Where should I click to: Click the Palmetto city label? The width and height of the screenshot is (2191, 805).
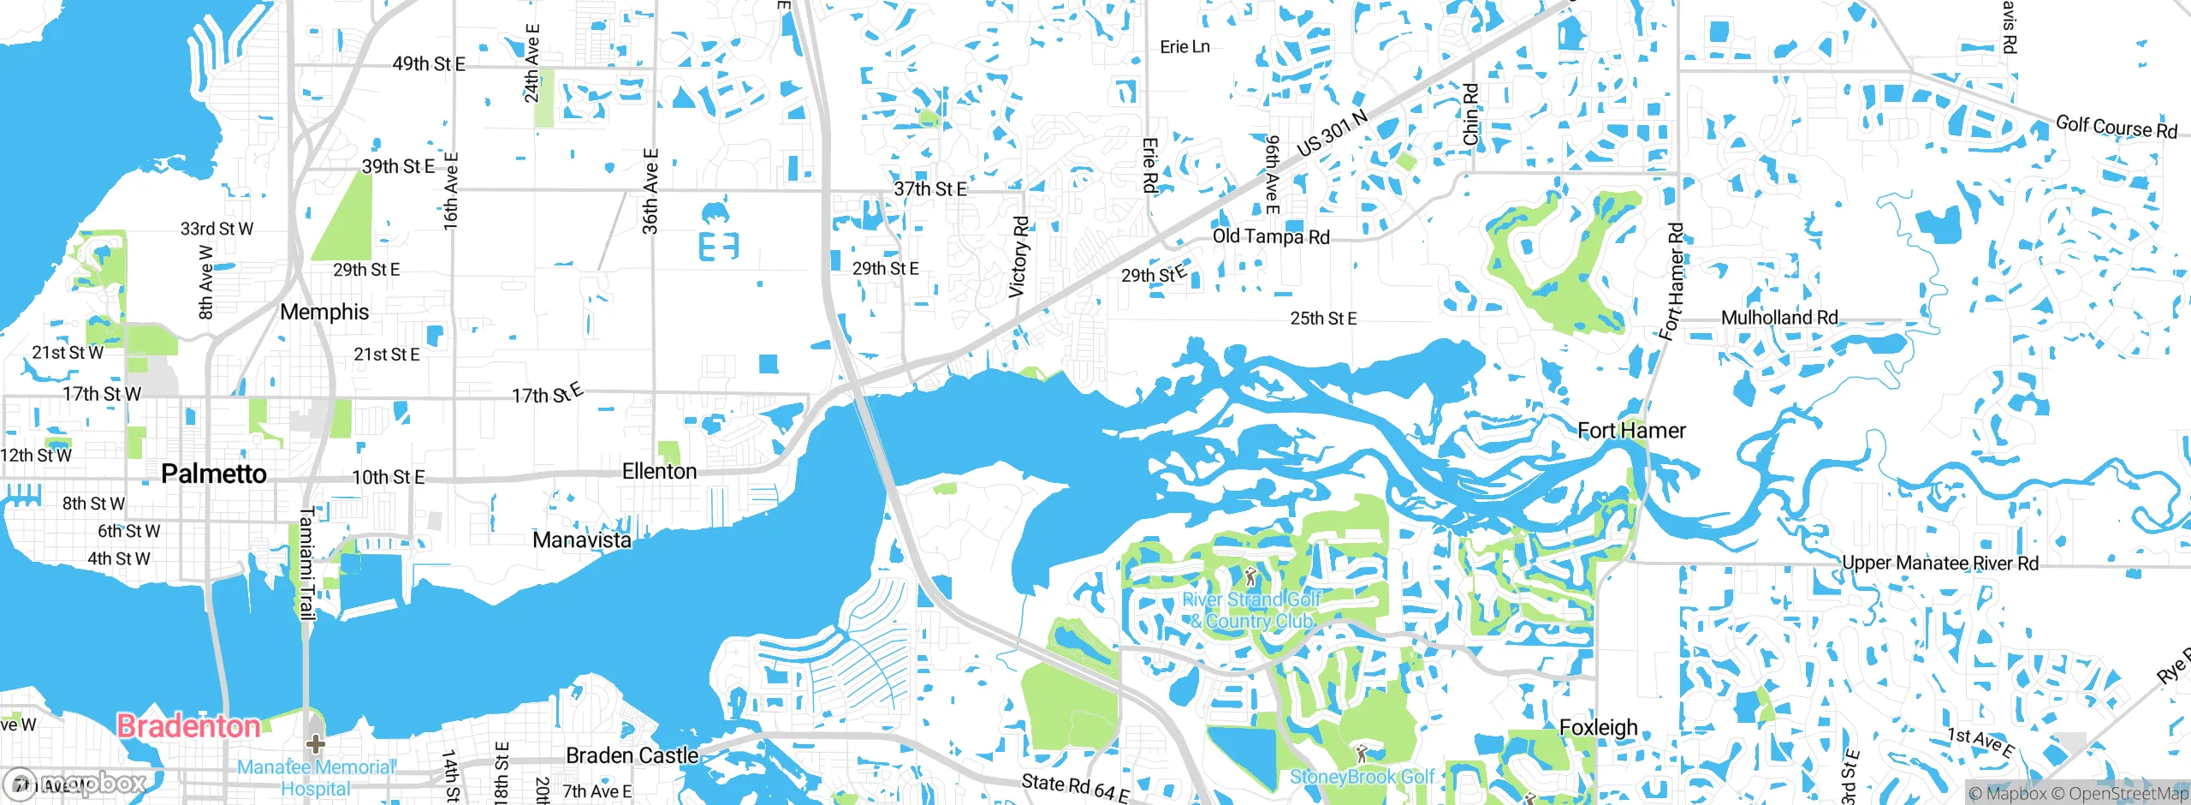point(214,474)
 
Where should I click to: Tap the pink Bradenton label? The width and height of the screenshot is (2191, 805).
point(188,726)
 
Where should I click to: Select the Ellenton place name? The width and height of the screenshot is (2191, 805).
point(659,471)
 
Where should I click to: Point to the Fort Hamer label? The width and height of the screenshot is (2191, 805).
point(1631,430)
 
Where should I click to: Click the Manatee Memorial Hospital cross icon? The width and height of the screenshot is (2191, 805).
point(315,742)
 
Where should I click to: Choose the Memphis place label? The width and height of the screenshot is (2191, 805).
point(324,312)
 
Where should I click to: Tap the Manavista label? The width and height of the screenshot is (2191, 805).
point(582,540)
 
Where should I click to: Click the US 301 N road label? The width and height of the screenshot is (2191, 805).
point(1332,134)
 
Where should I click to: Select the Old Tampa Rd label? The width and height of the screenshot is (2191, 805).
point(1271,236)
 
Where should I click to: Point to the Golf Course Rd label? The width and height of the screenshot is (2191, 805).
point(2116,127)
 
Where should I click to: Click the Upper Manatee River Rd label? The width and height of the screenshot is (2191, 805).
point(1940,563)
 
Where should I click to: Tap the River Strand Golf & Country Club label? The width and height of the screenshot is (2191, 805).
point(1251,610)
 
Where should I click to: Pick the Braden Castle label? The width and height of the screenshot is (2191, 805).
point(632,755)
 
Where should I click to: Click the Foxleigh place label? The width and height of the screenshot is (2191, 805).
point(1598,727)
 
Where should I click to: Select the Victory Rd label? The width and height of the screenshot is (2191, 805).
point(1019,257)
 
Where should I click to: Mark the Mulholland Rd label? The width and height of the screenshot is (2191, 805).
point(1779,318)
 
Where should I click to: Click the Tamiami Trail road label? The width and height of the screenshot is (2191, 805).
point(306,563)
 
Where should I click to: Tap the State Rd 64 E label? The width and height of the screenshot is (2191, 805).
point(1075,786)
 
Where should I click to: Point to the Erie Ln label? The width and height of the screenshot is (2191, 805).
point(1185,47)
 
